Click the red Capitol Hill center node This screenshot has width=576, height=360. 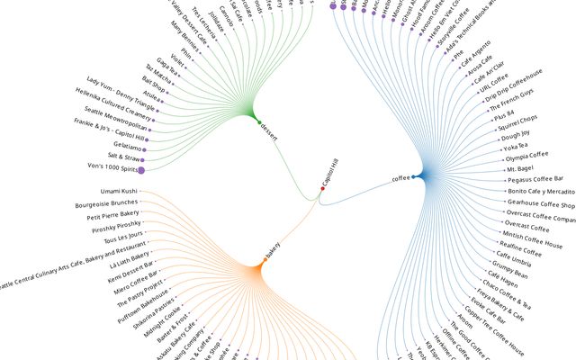pyautogui.click(x=322, y=188)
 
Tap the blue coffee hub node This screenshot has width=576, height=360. pyautogui.click(x=413, y=178)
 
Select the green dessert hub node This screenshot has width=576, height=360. pyautogui.click(x=259, y=121)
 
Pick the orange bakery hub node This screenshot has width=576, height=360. pyautogui.click(x=265, y=260)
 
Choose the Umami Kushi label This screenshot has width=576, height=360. pyautogui.click(x=118, y=191)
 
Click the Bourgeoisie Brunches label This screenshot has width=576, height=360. pyautogui.click(x=106, y=203)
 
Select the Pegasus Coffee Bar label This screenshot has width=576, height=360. pyautogui.click(x=535, y=180)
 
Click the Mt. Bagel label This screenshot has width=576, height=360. pyautogui.click(x=521, y=167)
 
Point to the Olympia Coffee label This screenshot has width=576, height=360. pyautogui.click(x=527, y=156)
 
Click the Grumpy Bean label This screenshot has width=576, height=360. pyautogui.click(x=510, y=266)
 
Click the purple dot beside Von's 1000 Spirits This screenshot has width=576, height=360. pyautogui.click(x=141, y=169)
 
